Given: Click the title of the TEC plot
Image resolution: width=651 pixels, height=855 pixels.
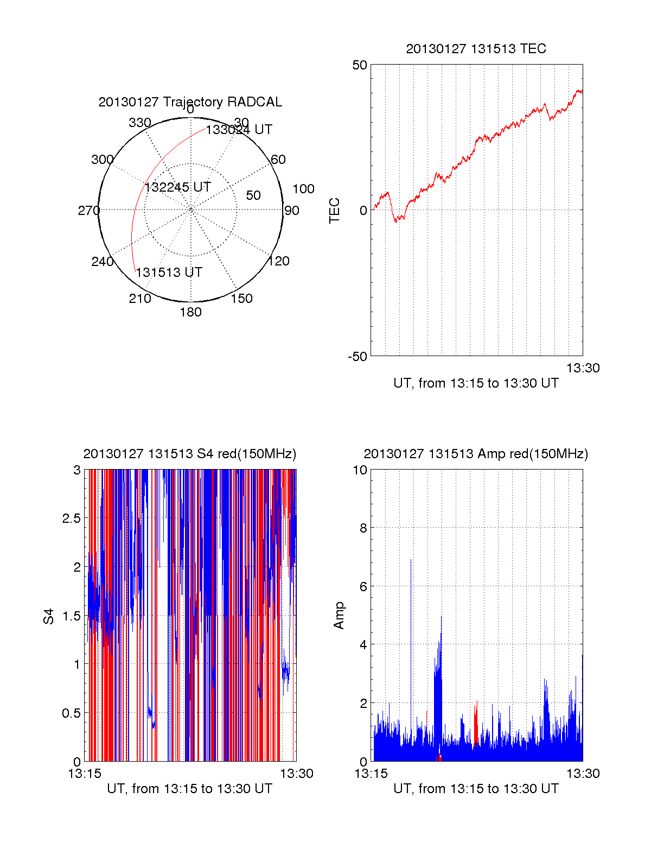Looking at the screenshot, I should coord(476,49).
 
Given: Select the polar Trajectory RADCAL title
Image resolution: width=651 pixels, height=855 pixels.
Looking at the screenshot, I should coord(190,102).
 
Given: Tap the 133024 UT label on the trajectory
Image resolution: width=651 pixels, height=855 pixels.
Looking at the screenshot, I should coord(239,130).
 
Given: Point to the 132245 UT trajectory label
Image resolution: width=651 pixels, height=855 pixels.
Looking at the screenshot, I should coord(177,187).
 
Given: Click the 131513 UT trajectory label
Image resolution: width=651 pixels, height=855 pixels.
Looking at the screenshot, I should coord(169,273).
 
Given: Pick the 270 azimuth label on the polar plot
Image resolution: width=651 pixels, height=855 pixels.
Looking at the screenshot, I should coord(88,211).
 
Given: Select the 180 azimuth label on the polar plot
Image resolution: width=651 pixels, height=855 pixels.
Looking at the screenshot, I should coord(190,312).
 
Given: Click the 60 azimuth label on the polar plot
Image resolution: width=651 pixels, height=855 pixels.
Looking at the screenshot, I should coord(278,160).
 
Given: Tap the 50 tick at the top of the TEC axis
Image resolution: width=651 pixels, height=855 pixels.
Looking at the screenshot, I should coord(360,65).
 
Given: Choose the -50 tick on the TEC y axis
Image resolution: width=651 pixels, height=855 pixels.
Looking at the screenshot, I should coord(358,357).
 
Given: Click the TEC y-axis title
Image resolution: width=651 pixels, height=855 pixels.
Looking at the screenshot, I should coord(335,211).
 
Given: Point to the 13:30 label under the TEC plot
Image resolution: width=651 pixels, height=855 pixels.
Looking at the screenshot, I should coord(583,368).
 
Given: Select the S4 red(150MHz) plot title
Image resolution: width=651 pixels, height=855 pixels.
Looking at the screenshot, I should coord(190,454).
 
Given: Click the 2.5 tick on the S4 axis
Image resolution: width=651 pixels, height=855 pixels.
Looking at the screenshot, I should coord(72,518).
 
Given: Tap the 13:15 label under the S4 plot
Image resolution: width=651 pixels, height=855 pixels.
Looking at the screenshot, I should coord(85,774).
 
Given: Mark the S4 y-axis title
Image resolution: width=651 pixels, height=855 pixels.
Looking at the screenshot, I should coord(49,616).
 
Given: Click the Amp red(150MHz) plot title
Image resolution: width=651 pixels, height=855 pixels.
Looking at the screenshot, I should coord(476,454).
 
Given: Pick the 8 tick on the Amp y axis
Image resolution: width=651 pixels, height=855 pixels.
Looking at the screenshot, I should coord(363,528).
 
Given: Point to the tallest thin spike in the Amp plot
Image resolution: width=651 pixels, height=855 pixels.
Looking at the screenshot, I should coord(411,560).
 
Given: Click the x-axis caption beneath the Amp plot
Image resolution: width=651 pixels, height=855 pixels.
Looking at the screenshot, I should coord(476,789).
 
